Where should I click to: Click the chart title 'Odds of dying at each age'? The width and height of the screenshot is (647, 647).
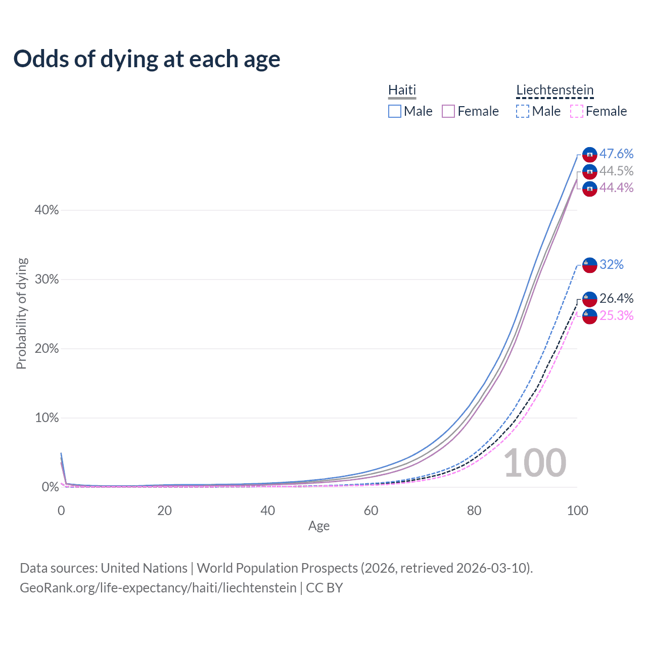coord(147,59)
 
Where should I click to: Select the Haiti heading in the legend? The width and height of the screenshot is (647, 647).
coord(402,90)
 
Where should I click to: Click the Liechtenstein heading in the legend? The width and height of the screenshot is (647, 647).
coord(554,90)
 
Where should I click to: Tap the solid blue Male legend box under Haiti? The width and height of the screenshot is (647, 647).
coord(395,111)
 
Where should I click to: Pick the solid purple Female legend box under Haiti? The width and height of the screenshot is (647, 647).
coord(448,111)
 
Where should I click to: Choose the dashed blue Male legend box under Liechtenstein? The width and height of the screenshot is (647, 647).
coord(523,111)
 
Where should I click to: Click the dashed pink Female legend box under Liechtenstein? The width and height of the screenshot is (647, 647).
coord(577,111)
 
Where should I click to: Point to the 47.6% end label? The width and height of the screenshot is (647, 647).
coord(616,154)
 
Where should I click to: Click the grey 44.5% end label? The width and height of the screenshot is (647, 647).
coord(616,171)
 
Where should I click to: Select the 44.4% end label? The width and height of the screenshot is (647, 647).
coord(616,188)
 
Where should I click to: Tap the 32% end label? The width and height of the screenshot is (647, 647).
coord(612,264)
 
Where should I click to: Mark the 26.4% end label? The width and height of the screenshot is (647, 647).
coord(616,298)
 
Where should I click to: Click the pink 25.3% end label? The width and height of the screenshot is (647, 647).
coord(616,315)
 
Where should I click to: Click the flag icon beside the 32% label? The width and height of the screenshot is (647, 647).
coord(590,265)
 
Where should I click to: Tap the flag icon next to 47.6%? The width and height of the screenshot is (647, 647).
coord(590,155)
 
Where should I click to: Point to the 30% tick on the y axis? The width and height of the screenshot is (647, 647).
coord(47,280)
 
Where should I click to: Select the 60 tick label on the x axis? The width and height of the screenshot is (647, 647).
coord(371,511)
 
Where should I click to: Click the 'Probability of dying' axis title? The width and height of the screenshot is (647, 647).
coord(21,313)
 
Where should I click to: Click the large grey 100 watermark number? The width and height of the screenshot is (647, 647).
coord(535,463)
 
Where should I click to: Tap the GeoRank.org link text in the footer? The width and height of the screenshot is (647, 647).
coord(158,588)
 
